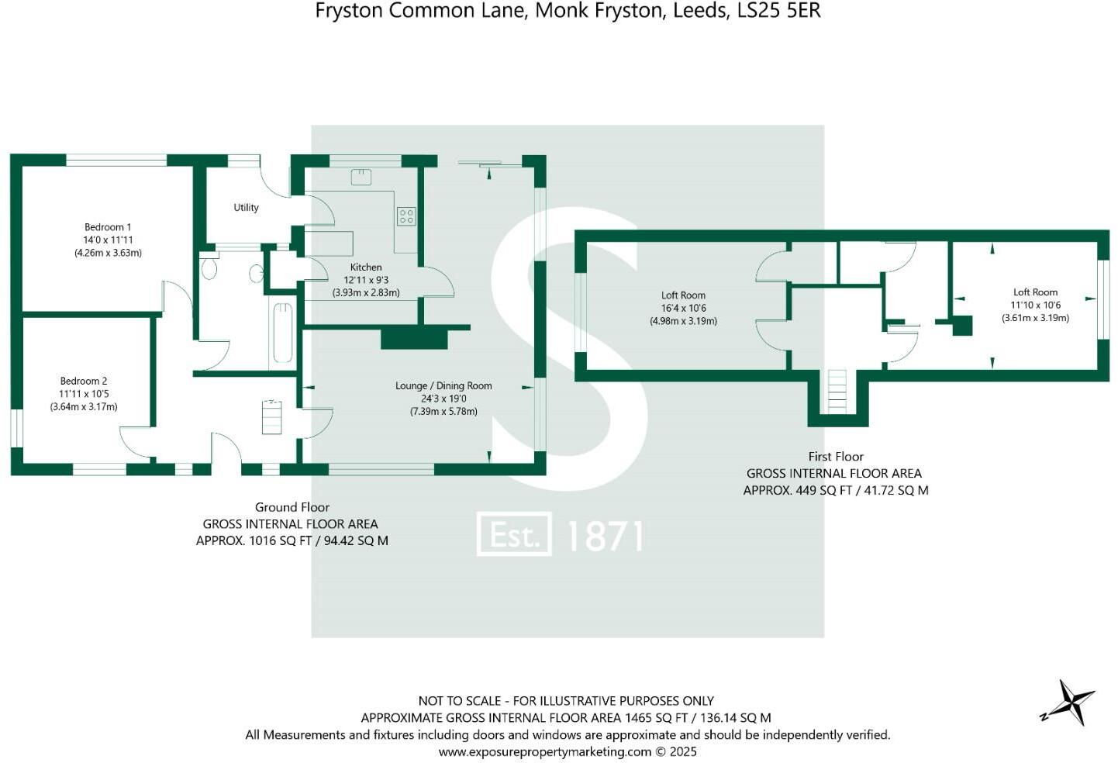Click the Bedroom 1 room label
click(x=108, y=227)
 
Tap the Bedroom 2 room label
click(x=84, y=381)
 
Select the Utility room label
click(x=246, y=208)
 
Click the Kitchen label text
click(x=366, y=267)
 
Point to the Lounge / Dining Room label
click(x=443, y=385)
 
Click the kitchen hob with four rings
click(x=406, y=216)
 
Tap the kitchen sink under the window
click(x=361, y=178)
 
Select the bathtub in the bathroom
click(x=282, y=333)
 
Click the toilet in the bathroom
click(x=209, y=268)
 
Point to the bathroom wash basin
click(x=257, y=274)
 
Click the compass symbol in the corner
click(x=1069, y=703)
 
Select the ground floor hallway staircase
click(x=271, y=418)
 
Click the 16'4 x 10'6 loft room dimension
click(x=683, y=308)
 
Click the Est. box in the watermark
click(x=514, y=534)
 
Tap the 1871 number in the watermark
click(x=606, y=536)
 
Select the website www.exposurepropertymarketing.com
click(x=544, y=751)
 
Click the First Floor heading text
click(x=835, y=457)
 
